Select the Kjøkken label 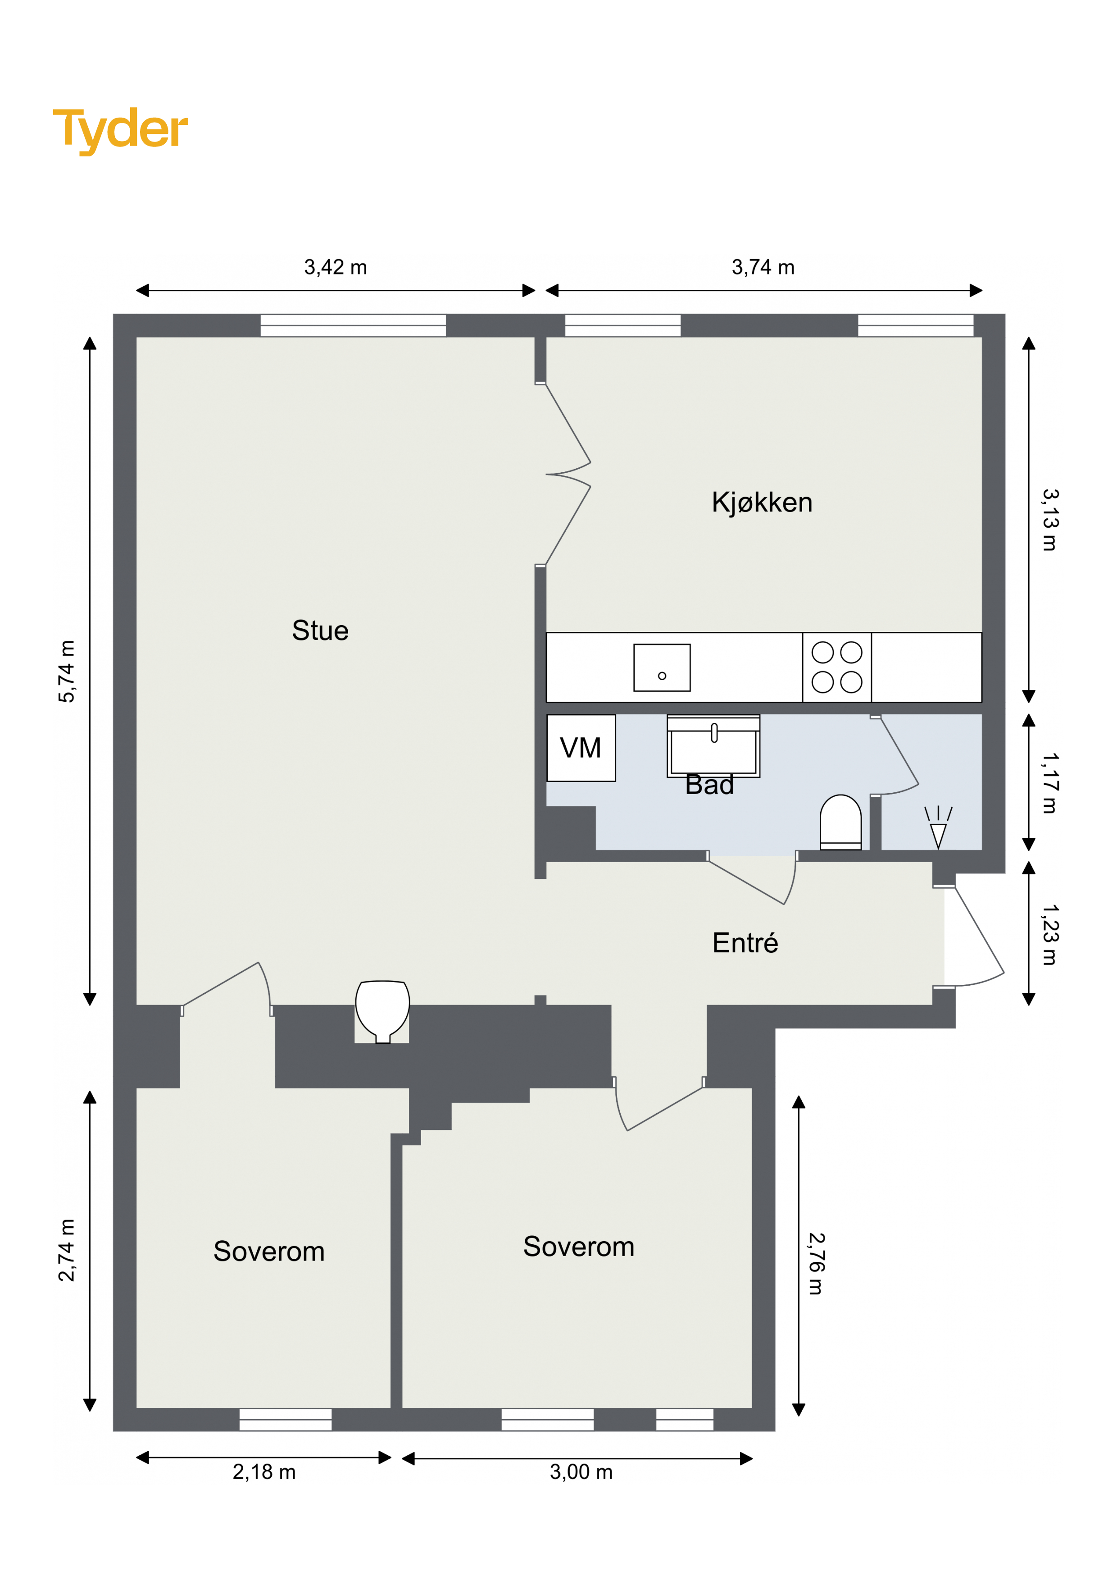click(762, 503)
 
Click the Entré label click(745, 943)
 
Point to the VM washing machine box click(581, 748)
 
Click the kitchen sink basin click(662, 668)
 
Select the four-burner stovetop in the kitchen click(837, 667)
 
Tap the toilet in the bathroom click(841, 822)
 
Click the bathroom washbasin click(714, 746)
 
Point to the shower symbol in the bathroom click(938, 827)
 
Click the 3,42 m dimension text click(336, 267)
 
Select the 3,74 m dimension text click(763, 267)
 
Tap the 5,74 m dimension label click(67, 672)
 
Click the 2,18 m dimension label click(264, 1472)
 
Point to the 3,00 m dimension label click(581, 1472)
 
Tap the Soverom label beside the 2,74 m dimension click(269, 1251)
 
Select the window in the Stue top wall click(353, 326)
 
